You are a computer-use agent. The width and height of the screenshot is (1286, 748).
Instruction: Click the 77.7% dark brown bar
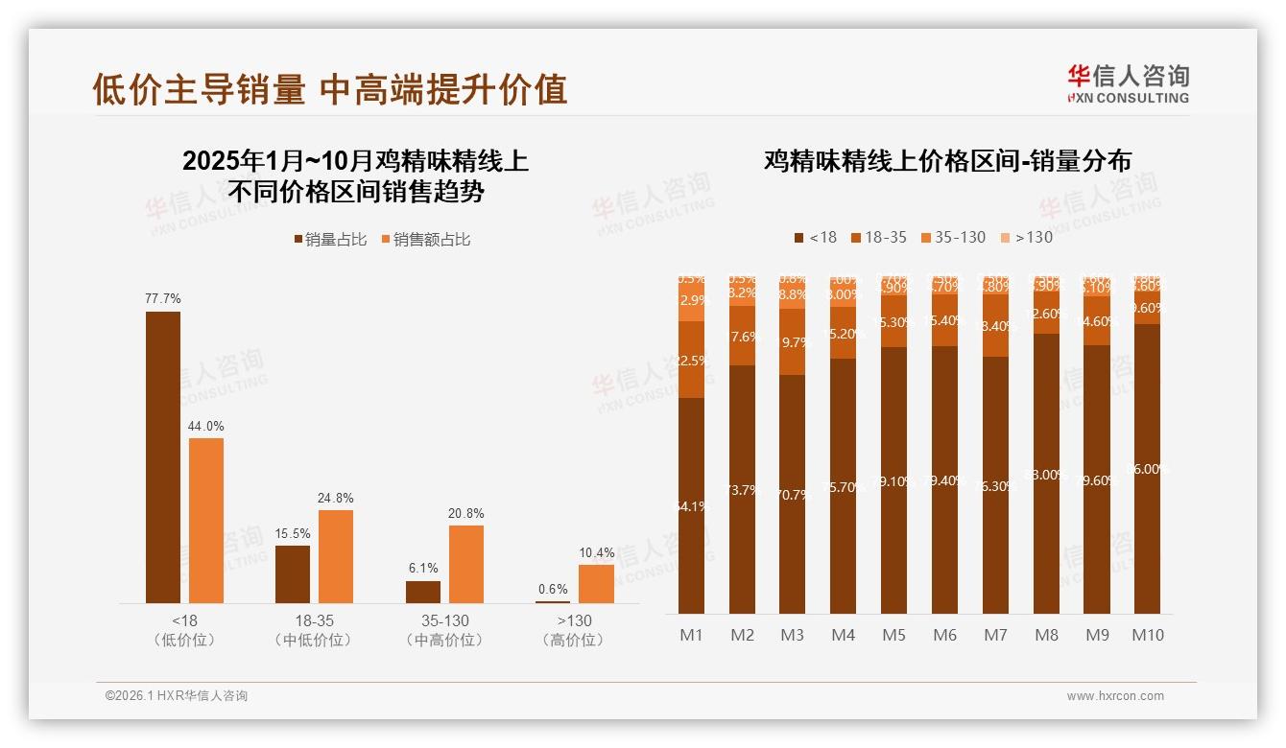(x=163, y=456)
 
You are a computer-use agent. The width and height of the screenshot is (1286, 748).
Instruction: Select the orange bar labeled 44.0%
(x=206, y=520)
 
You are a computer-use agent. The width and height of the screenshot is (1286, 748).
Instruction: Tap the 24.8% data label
(x=336, y=498)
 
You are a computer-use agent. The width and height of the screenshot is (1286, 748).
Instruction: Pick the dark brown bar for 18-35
(x=293, y=573)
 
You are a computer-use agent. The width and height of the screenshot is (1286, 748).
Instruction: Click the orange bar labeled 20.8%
(x=466, y=564)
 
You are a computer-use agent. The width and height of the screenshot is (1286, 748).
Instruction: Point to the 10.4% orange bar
(x=596, y=583)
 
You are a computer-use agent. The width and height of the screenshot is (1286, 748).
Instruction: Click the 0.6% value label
(x=553, y=589)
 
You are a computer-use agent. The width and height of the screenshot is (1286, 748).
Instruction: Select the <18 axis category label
(x=184, y=620)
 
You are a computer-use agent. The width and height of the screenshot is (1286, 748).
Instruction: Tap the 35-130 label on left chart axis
(x=444, y=620)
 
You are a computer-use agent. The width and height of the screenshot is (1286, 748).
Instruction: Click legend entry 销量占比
(x=330, y=240)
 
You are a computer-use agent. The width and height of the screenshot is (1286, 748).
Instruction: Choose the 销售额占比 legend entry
(x=426, y=240)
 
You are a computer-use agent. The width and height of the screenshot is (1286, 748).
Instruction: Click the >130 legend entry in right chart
(x=1027, y=237)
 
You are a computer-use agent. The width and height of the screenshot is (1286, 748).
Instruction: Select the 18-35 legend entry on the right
(x=878, y=237)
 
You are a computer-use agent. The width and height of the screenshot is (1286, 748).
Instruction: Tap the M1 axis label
(x=692, y=635)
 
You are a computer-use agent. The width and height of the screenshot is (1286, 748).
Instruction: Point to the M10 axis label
(x=1148, y=635)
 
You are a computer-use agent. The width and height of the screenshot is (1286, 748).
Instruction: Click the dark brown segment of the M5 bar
(x=893, y=479)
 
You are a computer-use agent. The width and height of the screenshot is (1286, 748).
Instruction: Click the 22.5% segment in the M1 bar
(x=692, y=360)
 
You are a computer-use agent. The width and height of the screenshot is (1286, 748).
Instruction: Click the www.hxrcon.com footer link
(x=1115, y=696)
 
